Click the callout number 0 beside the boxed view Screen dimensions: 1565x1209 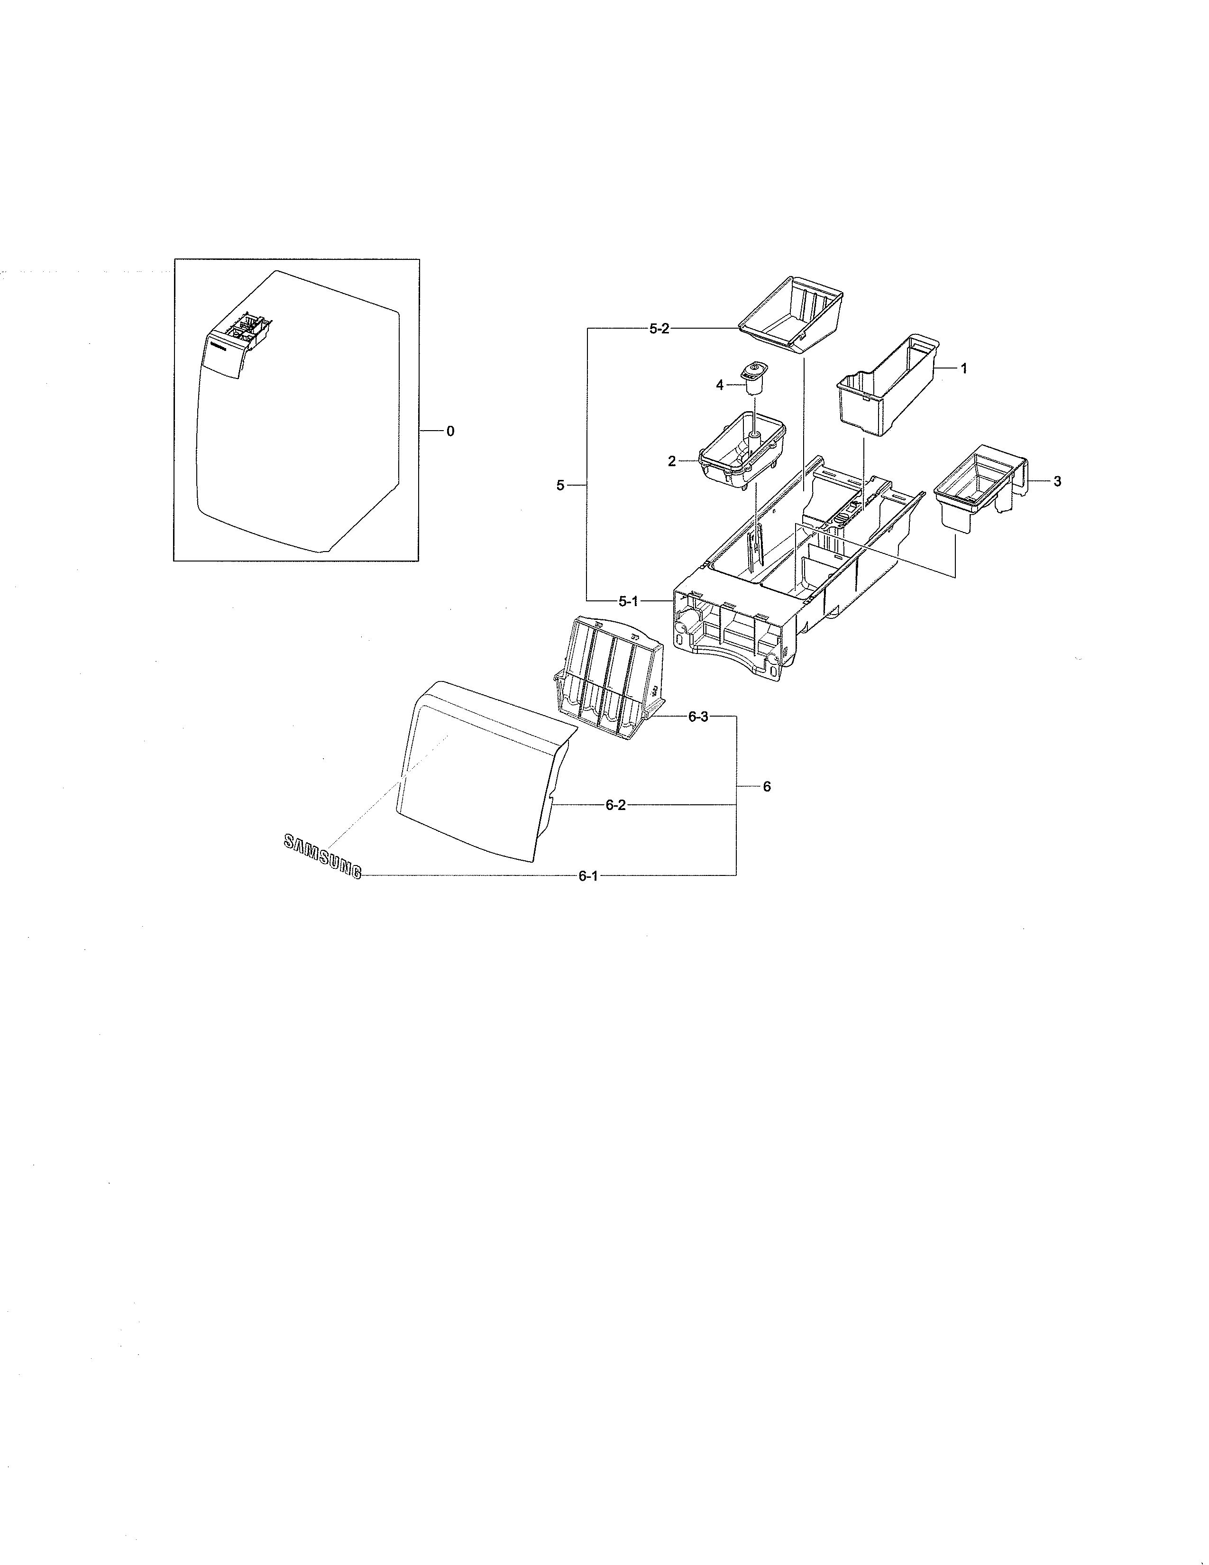(450, 432)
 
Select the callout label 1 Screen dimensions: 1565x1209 (963, 368)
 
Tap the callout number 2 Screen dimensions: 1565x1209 (672, 461)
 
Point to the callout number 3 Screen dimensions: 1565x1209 (1057, 481)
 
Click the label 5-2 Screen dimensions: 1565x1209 (659, 329)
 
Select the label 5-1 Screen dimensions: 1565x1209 (628, 601)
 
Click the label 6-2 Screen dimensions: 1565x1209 (615, 805)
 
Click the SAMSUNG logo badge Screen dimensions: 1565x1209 (321, 857)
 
